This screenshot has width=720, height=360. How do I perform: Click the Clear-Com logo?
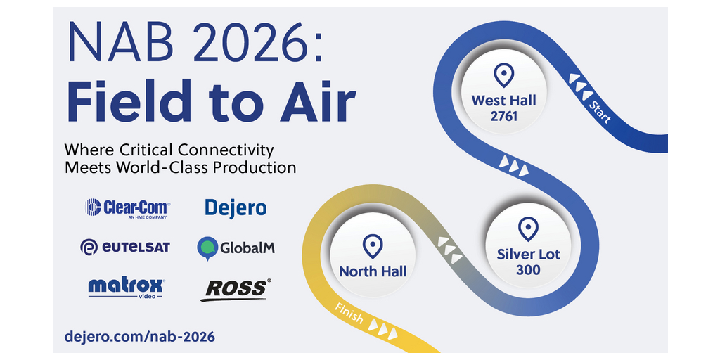[x=127, y=207]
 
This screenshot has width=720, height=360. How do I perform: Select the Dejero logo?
[x=236, y=208]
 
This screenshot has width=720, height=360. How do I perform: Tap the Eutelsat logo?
[x=125, y=247]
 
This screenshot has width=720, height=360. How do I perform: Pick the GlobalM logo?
[x=236, y=248]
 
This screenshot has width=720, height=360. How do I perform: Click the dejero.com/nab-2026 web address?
[x=140, y=337]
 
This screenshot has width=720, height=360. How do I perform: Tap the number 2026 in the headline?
[x=245, y=41]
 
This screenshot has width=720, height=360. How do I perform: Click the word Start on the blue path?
[x=600, y=112]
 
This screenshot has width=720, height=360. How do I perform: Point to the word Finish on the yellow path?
[x=349, y=314]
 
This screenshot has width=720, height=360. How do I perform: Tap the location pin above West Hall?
[x=503, y=76]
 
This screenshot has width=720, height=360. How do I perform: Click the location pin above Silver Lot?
[x=528, y=229]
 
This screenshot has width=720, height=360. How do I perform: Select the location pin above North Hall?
[x=373, y=246]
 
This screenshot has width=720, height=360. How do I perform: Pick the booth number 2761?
[x=503, y=117]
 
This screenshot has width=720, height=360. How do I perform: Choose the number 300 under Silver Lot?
[x=528, y=270]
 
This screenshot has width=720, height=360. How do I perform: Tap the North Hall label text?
[x=373, y=271]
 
